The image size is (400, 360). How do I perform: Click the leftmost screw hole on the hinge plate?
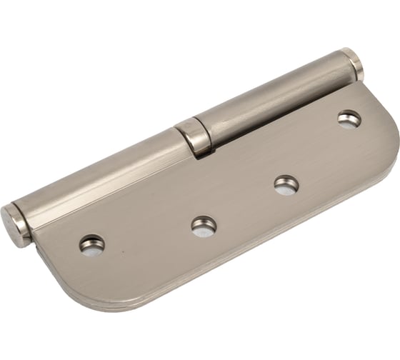[x=91, y=244]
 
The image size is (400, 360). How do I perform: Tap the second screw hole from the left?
[x=204, y=226]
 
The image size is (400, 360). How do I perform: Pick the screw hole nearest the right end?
[x=349, y=119]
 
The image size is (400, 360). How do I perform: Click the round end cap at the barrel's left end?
[x=14, y=225]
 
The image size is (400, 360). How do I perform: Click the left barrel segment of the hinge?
[x=100, y=175]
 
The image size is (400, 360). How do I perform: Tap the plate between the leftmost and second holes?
[x=146, y=236]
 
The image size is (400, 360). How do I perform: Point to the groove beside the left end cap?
[x=27, y=219]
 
